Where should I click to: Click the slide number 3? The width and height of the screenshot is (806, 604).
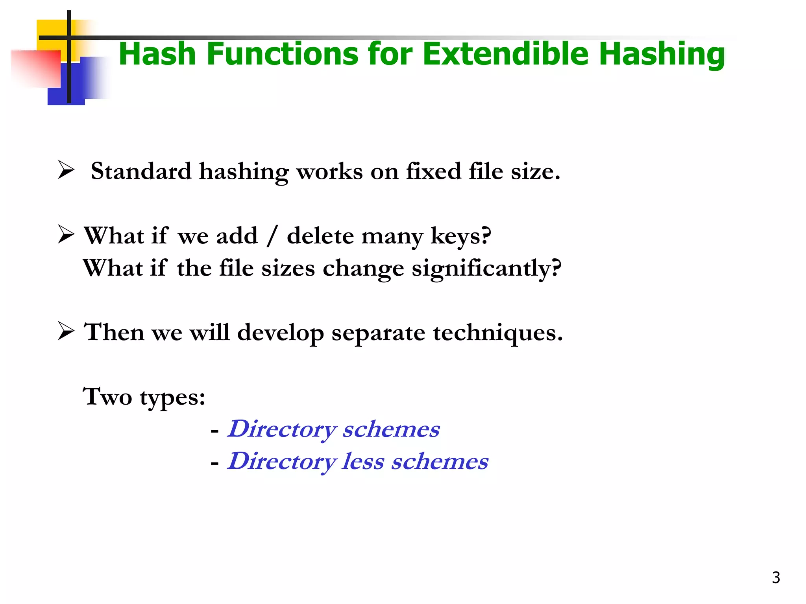point(776,578)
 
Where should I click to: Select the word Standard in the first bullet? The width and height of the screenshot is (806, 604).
point(141,171)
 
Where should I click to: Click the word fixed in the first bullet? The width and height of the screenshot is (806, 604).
point(433,171)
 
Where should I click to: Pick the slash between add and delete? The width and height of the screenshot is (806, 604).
point(271,236)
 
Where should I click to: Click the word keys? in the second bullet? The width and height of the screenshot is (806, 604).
point(461,237)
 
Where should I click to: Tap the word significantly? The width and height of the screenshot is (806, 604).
point(486,269)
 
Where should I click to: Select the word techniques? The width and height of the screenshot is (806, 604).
point(498,333)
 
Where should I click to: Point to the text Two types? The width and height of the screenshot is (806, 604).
point(144,397)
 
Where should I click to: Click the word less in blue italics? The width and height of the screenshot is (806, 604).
point(363,461)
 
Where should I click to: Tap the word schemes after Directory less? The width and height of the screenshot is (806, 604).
point(440,461)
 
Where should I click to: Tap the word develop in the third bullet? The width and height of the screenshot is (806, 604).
point(280,333)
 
